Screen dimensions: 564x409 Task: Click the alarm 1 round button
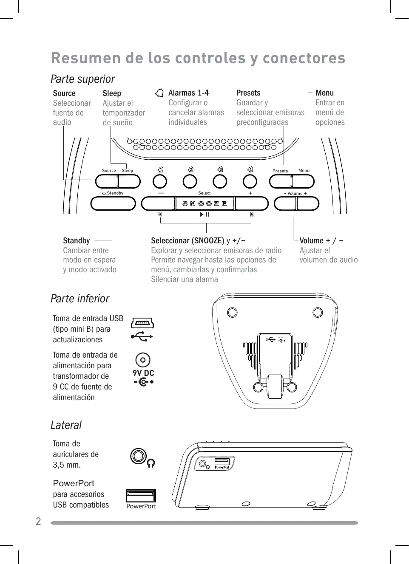tap(160, 182)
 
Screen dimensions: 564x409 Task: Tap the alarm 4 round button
tap(250, 182)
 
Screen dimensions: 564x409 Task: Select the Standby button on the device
tap(113, 204)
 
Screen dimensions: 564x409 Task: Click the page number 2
tap(38, 522)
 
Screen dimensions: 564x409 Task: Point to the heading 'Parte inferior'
tap(80, 299)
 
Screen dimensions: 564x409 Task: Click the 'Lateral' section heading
tap(66, 425)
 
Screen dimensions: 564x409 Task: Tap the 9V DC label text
tap(143, 373)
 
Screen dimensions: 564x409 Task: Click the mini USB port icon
tap(142, 323)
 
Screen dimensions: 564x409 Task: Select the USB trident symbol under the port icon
tap(142, 336)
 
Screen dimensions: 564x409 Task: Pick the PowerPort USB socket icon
tap(141, 496)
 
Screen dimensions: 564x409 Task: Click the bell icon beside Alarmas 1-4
tap(159, 93)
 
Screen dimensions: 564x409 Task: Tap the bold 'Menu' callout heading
tap(324, 93)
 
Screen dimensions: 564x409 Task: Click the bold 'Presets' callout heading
tap(248, 93)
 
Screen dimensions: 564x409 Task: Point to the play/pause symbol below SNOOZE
tap(204, 215)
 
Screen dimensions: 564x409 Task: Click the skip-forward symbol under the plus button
tap(252, 215)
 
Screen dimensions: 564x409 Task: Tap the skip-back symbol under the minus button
tap(160, 215)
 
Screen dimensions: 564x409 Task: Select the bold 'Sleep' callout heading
tap(112, 93)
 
